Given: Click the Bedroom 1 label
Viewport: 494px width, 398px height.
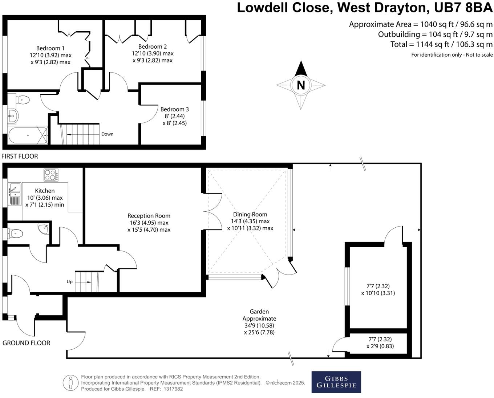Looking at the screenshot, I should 50,48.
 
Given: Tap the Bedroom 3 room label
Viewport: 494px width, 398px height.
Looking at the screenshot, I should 174,109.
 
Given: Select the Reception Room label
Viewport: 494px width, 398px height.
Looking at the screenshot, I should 149,216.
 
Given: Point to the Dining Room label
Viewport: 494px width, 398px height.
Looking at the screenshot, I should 250,215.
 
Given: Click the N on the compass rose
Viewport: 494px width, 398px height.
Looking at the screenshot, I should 301,85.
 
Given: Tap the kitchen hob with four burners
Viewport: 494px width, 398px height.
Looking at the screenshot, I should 50,175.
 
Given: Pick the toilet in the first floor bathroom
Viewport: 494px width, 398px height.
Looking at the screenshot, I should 23,99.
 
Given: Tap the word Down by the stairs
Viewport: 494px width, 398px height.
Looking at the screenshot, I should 107,134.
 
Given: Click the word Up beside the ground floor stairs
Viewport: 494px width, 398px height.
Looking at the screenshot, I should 69,281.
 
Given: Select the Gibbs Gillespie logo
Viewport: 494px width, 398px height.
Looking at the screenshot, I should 336,382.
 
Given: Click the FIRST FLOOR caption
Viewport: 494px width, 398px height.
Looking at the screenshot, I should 20,157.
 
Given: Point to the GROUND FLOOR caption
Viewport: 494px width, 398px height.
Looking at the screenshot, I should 26,343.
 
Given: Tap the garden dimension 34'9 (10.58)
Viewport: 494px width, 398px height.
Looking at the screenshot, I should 259,325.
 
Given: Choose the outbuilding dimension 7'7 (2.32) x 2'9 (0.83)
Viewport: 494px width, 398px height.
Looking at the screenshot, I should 380,343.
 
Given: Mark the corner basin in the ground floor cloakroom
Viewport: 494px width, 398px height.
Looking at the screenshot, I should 44,228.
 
